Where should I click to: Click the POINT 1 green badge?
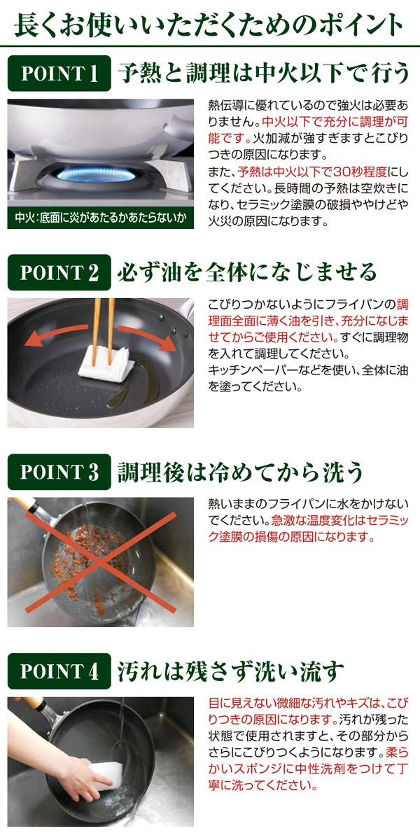[x=59, y=73]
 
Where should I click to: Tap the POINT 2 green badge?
[x=59, y=272]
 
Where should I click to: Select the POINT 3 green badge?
[x=59, y=472]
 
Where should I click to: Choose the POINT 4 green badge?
[x=59, y=671]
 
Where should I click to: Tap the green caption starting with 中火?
[x=101, y=218]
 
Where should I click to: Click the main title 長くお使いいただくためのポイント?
[x=209, y=24]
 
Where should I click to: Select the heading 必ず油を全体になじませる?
[x=246, y=272]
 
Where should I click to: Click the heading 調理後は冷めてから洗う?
[x=240, y=472]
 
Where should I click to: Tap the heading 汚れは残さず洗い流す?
[x=230, y=671]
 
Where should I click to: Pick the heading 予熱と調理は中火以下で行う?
[x=263, y=73]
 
